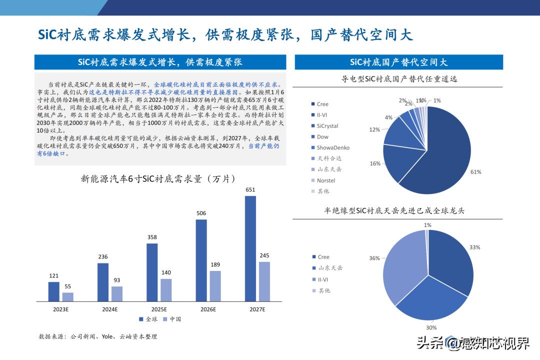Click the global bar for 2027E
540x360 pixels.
tap(250, 248)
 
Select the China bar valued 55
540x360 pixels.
tap(67, 297)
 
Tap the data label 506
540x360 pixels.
tap(201, 213)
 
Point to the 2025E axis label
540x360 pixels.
tap(159, 309)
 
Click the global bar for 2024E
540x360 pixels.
tap(103, 282)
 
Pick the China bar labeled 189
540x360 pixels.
tap(215, 286)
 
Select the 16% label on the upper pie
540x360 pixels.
tap(375, 163)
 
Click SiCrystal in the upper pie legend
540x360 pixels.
tap(327, 126)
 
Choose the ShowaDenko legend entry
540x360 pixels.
tap(333, 147)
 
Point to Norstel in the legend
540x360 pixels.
tap(326, 180)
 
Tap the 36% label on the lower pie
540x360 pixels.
tap(374, 258)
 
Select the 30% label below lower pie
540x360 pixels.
tap(431, 327)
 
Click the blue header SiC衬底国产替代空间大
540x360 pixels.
tap(398, 62)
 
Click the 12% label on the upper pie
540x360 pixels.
tap(374, 129)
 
